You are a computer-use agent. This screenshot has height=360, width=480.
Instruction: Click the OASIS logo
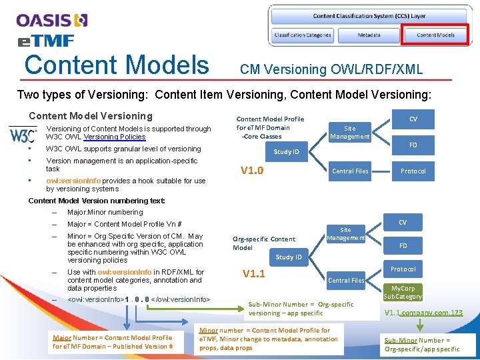(52, 20)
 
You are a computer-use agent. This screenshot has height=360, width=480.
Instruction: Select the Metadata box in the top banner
(369, 35)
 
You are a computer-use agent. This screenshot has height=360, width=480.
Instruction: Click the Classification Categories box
(303, 35)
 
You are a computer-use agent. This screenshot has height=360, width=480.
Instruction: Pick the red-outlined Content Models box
(435, 35)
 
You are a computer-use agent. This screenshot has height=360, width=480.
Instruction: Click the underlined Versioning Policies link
(114, 137)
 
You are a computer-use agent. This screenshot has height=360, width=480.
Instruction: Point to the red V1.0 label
(252, 171)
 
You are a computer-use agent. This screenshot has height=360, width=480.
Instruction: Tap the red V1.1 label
(253, 274)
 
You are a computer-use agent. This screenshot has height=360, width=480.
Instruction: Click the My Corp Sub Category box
(403, 292)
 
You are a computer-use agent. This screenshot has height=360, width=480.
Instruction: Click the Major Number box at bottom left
(113, 342)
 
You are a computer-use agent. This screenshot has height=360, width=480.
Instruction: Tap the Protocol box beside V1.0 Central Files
(413, 171)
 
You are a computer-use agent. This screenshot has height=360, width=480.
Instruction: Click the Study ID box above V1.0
(287, 152)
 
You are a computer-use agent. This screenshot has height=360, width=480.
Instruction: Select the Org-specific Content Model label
(263, 243)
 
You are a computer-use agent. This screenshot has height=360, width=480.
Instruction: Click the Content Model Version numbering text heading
(97, 201)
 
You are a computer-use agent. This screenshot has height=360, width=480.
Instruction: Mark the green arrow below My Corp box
(418, 325)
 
